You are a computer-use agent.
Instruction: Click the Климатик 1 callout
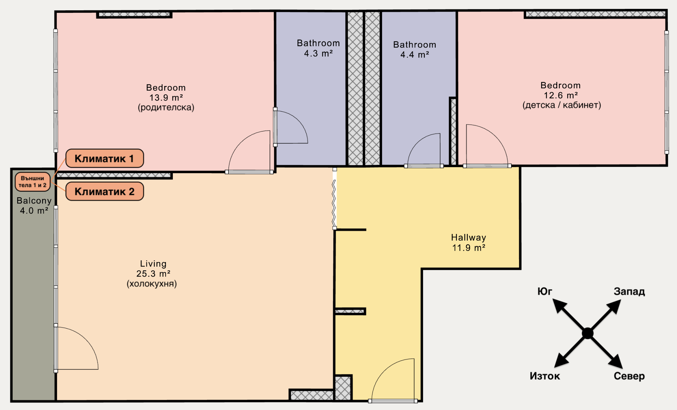(x=104, y=159)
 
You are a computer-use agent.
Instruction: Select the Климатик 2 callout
(x=104, y=191)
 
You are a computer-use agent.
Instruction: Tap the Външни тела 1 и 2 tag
(x=32, y=182)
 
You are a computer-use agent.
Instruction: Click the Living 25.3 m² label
(x=153, y=269)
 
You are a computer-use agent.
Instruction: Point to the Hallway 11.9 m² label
(x=469, y=243)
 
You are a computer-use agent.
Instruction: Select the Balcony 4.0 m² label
(x=34, y=205)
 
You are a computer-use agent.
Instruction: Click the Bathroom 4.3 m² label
(x=318, y=48)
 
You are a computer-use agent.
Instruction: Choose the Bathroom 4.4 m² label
(x=415, y=50)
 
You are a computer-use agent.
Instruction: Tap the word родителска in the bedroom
(x=166, y=108)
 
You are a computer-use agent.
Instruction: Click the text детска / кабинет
(x=562, y=105)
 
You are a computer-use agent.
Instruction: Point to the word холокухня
(x=152, y=284)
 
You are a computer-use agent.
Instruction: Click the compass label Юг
(x=545, y=291)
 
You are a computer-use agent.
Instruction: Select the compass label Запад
(x=629, y=292)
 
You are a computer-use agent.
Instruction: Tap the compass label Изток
(x=545, y=376)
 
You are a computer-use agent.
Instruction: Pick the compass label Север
(x=629, y=376)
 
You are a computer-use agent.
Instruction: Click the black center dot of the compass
(x=587, y=333)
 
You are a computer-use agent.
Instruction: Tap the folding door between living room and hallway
(x=334, y=199)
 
